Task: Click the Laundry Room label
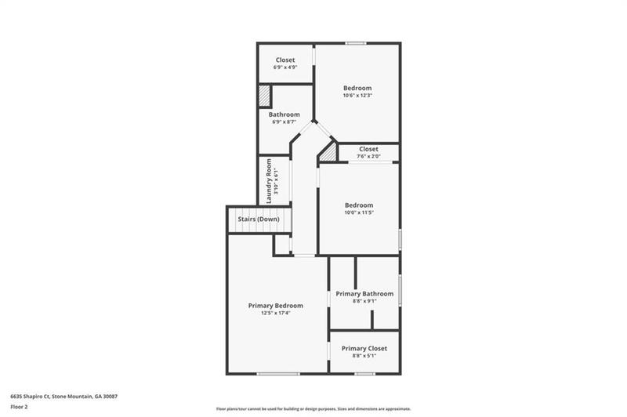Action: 268,182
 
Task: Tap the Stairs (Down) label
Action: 259,219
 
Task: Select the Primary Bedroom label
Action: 276,305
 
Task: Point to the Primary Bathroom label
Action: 364,294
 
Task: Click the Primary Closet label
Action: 364,348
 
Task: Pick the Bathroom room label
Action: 285,114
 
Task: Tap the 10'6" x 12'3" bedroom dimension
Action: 357,96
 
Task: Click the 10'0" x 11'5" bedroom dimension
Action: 359,212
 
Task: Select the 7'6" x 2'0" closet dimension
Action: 368,156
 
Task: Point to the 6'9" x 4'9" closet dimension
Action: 285,67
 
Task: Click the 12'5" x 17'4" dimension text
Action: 276,313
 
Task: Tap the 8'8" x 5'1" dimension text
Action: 364,356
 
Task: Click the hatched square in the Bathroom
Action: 265,96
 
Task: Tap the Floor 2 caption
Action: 19,407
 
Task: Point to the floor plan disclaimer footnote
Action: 313,408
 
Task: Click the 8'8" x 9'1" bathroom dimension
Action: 364,302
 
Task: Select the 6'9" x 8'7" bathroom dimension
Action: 285,122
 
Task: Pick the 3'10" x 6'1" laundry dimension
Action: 276,182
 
